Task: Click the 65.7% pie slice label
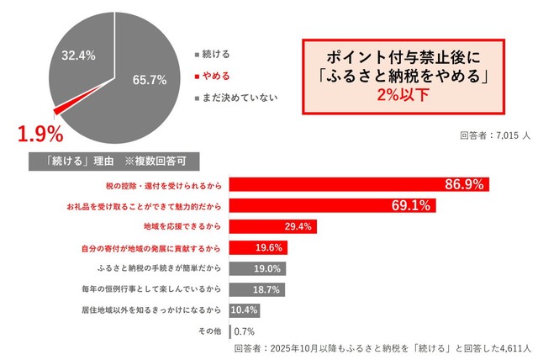click(x=149, y=80)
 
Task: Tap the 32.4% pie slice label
click(x=78, y=55)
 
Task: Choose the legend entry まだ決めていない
click(x=236, y=97)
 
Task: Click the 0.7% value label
click(x=245, y=331)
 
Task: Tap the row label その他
click(x=208, y=331)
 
